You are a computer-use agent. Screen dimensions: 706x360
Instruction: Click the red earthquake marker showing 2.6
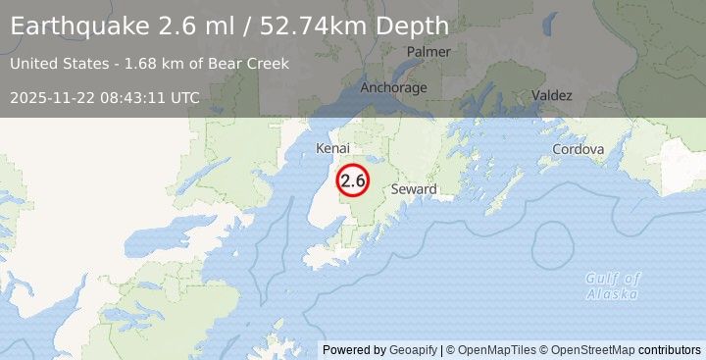pos(352,180)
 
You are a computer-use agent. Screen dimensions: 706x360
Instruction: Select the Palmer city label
pos(429,51)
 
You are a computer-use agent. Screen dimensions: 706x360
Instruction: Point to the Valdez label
pos(552,95)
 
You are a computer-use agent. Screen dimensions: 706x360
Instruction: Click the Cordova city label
pos(578,149)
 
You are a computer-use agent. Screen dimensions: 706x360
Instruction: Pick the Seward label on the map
pos(413,188)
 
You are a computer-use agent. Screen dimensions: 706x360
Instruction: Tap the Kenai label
pos(332,148)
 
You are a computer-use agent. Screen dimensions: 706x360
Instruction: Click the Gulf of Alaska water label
pos(613,285)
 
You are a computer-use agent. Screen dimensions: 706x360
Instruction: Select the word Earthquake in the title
pos(79,26)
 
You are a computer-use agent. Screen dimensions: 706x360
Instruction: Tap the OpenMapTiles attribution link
pos(491,349)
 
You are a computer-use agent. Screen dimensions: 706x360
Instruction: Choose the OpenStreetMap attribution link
pos(592,349)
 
